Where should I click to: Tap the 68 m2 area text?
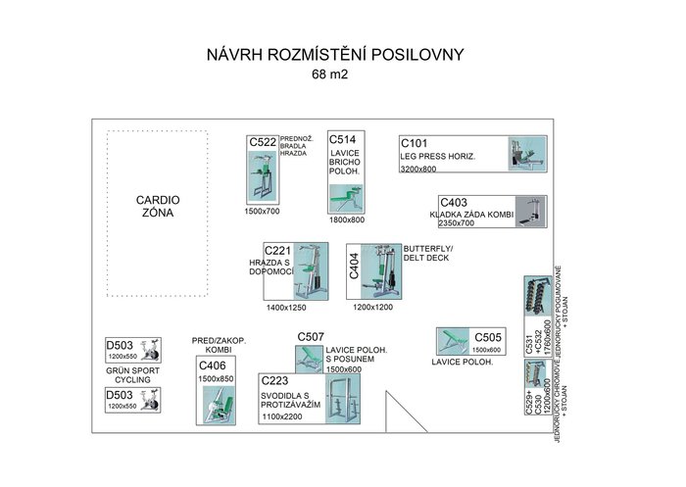tap(331, 74)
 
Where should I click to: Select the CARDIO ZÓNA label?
tap(155, 207)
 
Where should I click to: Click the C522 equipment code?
tap(263, 142)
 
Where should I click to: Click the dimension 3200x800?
tap(424, 170)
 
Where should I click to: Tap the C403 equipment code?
tap(454, 203)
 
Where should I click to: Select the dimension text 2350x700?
tap(454, 223)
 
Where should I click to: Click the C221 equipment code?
tap(279, 252)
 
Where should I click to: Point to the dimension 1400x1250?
tap(286, 308)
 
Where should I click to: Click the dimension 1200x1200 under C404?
tap(372, 308)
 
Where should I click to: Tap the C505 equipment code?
tap(487, 335)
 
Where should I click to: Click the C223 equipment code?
tap(276, 380)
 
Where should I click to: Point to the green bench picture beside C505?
tap(453, 341)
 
